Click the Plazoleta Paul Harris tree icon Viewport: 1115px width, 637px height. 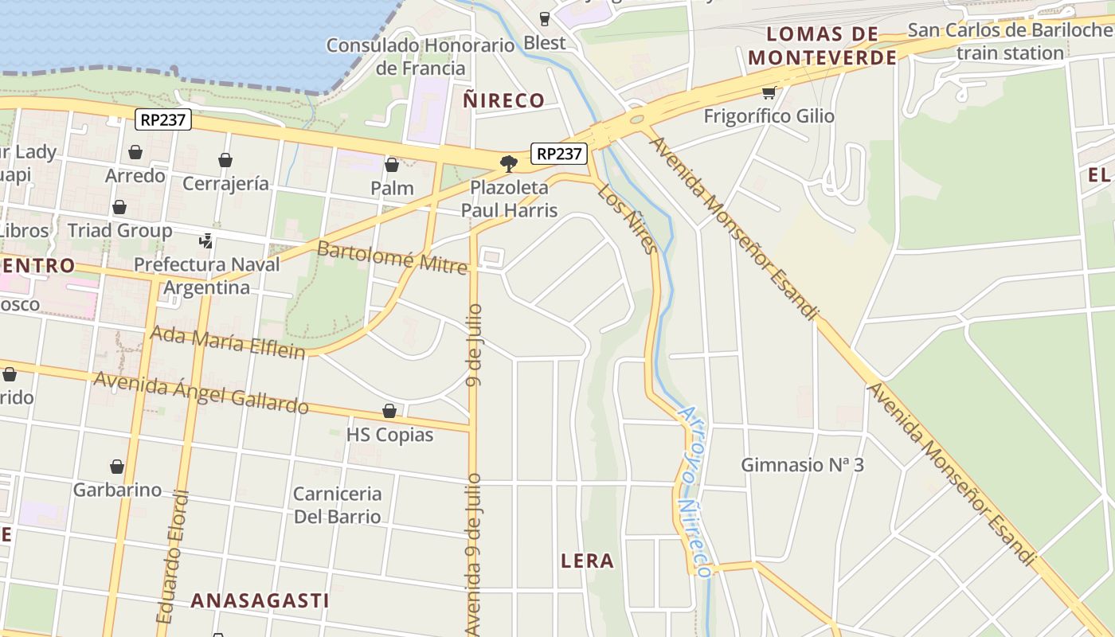point(508,164)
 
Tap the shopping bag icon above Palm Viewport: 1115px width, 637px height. point(391,165)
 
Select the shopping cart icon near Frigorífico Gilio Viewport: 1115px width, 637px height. point(769,92)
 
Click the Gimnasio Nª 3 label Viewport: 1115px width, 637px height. point(802,464)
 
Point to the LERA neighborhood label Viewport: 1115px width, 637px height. point(587,561)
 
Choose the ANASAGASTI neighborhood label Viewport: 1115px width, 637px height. point(260,600)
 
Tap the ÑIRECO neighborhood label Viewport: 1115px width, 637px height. point(503,100)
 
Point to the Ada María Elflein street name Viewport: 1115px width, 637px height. point(228,342)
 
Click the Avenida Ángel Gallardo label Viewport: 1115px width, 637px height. point(201,393)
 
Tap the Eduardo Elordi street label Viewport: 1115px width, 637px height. point(174,557)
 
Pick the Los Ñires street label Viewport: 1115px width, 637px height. point(628,219)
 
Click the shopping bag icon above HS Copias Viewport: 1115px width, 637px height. point(389,411)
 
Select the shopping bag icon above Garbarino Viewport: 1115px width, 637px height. point(117,467)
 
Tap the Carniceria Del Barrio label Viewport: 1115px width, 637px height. point(338,505)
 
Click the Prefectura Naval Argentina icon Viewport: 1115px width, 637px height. point(206,240)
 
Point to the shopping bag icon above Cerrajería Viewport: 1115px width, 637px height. point(225,160)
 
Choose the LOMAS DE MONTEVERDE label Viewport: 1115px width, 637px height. point(822,45)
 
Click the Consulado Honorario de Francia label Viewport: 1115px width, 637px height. point(421,56)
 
